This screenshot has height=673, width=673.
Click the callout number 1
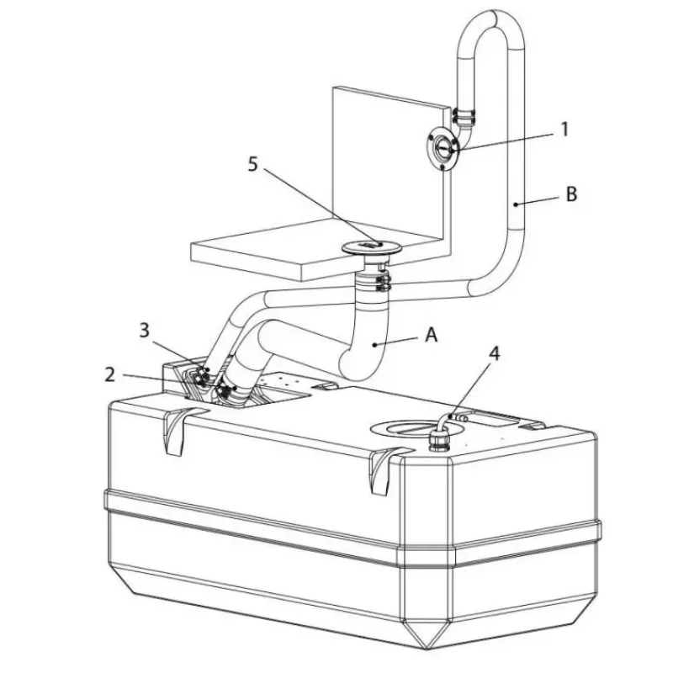[564, 130]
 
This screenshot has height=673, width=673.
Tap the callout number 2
[110, 374]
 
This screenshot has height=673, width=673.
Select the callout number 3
[144, 330]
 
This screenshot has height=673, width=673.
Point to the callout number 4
[495, 354]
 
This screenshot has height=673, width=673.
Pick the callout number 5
[253, 164]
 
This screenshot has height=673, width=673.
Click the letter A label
[432, 334]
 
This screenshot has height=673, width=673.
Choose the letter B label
[571, 194]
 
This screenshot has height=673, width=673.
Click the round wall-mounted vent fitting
[442, 149]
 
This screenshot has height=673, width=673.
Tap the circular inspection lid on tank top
[416, 429]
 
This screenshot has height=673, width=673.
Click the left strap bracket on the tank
[178, 431]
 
